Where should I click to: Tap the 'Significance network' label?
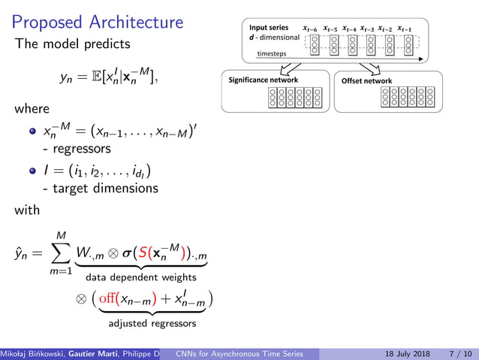(x=263, y=80)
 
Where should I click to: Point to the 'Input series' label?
(x=269, y=28)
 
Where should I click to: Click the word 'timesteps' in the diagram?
(x=271, y=54)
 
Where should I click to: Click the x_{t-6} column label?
(x=309, y=29)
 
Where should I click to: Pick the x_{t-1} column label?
(x=405, y=29)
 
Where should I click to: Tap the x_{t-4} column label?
(x=348, y=29)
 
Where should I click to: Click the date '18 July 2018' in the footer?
(x=399, y=353)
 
